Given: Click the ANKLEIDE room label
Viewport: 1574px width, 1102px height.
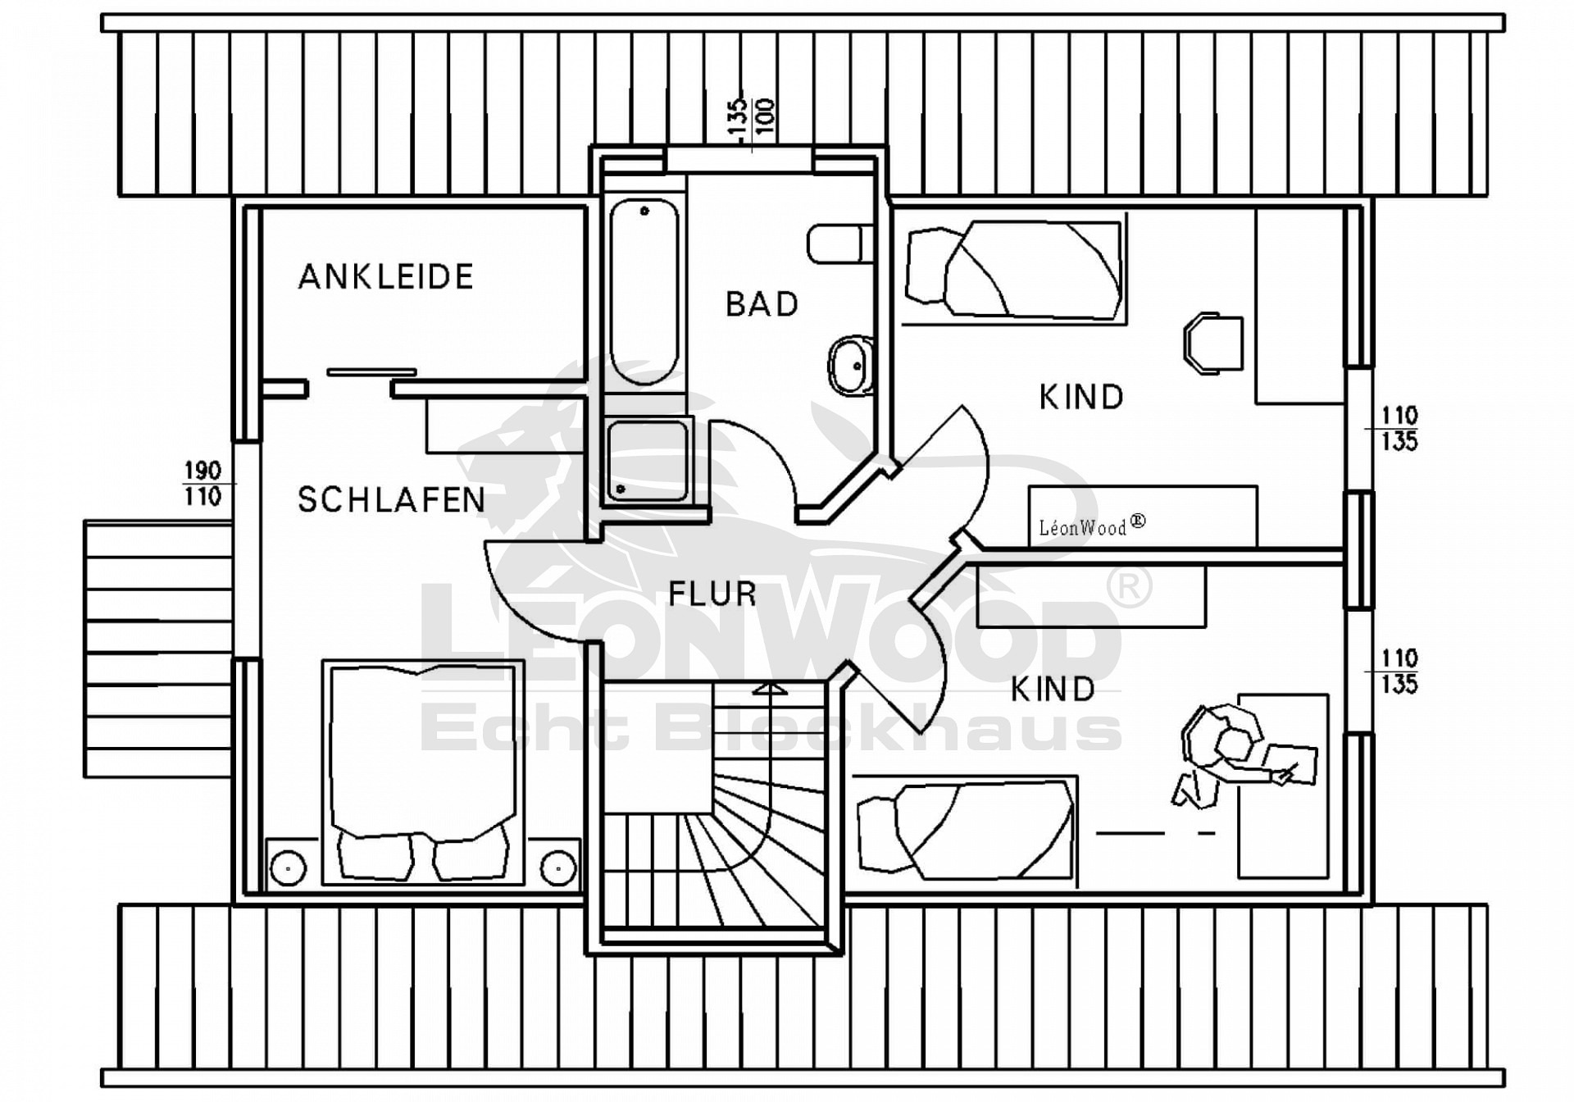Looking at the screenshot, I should click(385, 277).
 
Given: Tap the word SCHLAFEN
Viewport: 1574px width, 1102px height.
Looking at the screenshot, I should click(391, 500).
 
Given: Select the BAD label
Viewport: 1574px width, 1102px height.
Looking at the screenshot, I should click(762, 304).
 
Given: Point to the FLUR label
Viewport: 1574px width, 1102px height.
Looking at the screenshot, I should click(712, 594).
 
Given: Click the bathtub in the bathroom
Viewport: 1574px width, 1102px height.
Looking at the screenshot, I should click(644, 291).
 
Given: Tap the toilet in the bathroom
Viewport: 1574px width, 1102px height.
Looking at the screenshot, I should click(838, 243).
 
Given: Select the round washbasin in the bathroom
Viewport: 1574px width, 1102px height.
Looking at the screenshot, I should click(850, 366).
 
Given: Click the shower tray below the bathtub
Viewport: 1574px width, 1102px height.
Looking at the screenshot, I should click(648, 462).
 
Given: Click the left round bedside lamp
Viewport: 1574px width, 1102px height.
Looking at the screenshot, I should click(288, 867).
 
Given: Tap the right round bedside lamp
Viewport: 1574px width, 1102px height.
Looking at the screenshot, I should click(557, 866).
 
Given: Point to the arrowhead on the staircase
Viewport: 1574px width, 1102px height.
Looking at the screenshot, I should click(768, 689).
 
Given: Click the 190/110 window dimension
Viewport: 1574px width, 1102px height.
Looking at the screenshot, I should click(202, 484).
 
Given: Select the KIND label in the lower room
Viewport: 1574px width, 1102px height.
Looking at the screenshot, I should click(1052, 690).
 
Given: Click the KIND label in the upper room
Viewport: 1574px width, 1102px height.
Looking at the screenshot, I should click(1080, 398).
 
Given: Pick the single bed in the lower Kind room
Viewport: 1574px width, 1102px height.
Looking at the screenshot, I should click(966, 831).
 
